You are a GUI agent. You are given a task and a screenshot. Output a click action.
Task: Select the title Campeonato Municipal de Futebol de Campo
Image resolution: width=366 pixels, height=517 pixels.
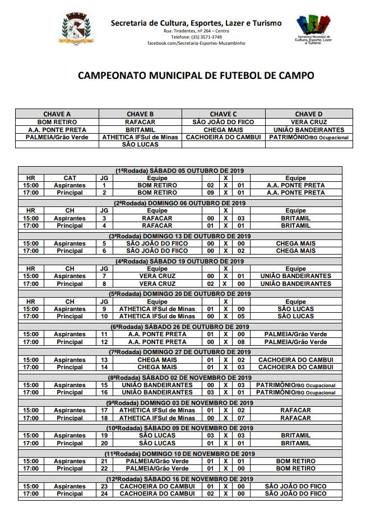pos(196,75)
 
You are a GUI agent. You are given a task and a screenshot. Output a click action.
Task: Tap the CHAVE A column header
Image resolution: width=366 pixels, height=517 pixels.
pos(57,114)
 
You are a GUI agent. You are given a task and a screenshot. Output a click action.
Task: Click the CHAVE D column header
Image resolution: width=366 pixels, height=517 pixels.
pos(309,114)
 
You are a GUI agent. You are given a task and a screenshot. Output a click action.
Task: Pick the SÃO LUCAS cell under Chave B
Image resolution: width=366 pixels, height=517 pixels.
pos(140,144)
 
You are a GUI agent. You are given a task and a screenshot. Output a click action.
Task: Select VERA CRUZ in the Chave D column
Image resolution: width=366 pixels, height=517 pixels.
pos(309,121)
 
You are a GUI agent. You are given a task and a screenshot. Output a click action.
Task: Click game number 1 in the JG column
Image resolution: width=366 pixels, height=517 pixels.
pos(104,185)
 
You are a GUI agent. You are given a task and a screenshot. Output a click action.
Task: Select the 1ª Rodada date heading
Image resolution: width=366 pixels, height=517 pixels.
pos(183,171)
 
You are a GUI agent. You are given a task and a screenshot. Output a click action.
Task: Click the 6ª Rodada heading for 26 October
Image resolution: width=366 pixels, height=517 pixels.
pos(183,327)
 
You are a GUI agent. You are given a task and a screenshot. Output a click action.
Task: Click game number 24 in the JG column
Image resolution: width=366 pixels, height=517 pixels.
pos(104,493)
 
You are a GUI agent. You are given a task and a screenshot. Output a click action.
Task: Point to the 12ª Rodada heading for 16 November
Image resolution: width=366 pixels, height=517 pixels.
pos(183,479)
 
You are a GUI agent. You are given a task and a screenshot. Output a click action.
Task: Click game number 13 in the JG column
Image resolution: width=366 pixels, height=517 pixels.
pos(104,359)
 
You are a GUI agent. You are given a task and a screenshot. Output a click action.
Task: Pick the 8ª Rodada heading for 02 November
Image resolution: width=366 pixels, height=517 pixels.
pos(183,378)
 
